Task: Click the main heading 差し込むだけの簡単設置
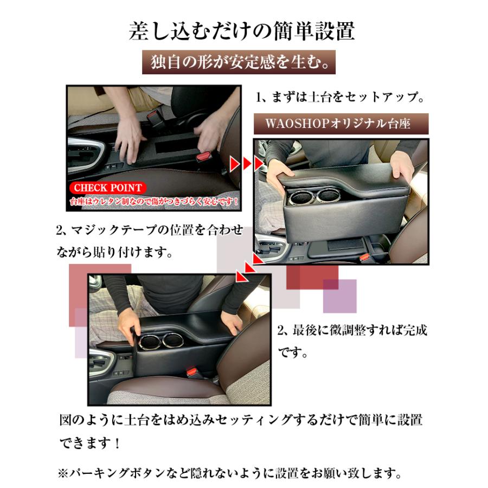(x=242, y=31)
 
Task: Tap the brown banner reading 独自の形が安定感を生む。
(x=239, y=62)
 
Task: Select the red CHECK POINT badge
(x=108, y=188)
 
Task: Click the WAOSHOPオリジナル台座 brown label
(x=341, y=124)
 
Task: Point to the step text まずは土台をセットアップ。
(x=348, y=97)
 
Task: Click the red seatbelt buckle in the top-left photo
(x=204, y=155)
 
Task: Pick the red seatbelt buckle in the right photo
(x=364, y=257)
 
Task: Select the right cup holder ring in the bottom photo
(x=174, y=341)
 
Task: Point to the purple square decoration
(x=339, y=296)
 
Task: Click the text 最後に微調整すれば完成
(x=359, y=330)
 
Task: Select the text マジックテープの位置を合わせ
(x=157, y=230)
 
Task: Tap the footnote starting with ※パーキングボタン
(x=230, y=473)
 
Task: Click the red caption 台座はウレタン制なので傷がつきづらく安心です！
(x=154, y=201)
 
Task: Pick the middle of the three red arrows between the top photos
(x=247, y=163)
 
